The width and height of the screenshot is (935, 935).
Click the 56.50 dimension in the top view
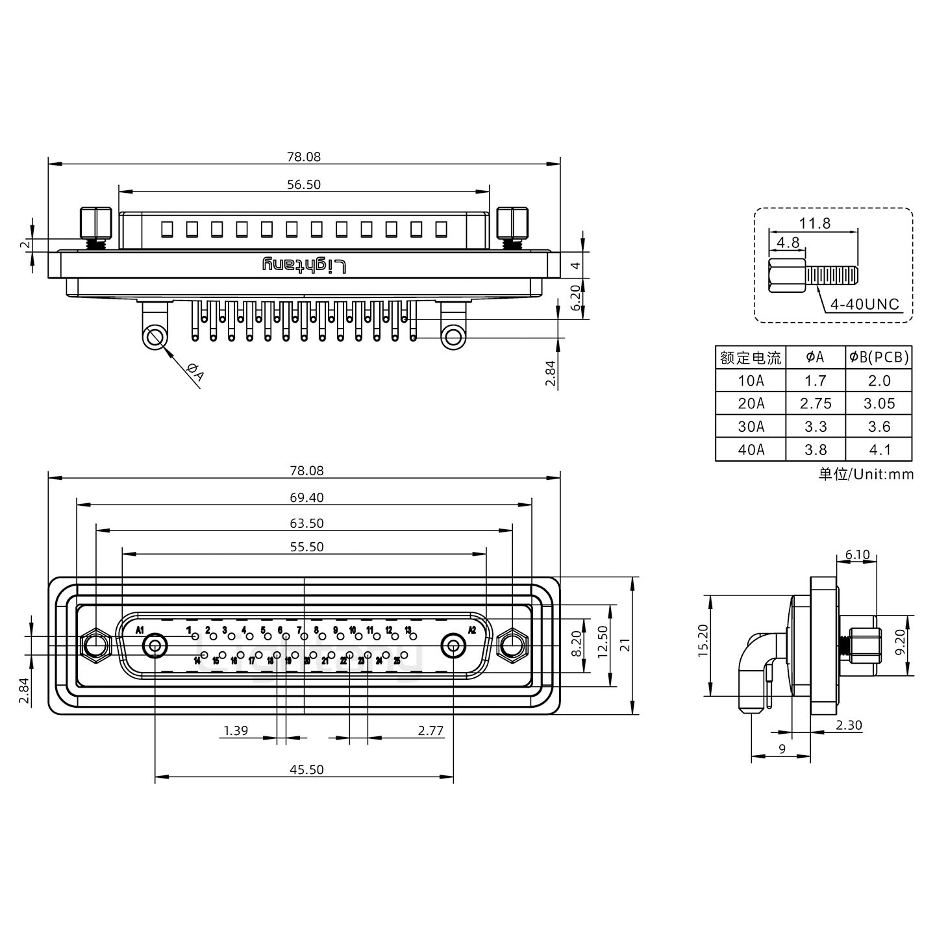304,184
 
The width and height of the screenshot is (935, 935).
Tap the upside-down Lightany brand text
305,265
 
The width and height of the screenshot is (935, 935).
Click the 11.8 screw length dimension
814,223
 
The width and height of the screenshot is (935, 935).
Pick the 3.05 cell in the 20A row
879,403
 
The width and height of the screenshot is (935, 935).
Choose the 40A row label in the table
751,449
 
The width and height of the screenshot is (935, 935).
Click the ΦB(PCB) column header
879,357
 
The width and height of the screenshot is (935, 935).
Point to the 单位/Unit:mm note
866,474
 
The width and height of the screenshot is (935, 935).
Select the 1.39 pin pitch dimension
236,730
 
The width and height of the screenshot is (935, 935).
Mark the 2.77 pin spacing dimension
430,730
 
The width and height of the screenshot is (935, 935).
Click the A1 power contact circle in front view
155,646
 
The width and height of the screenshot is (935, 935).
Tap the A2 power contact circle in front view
453,646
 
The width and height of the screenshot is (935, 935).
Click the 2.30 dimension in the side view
849,725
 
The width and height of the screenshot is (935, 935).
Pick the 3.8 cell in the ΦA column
816,449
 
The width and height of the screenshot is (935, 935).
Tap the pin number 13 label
408,630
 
